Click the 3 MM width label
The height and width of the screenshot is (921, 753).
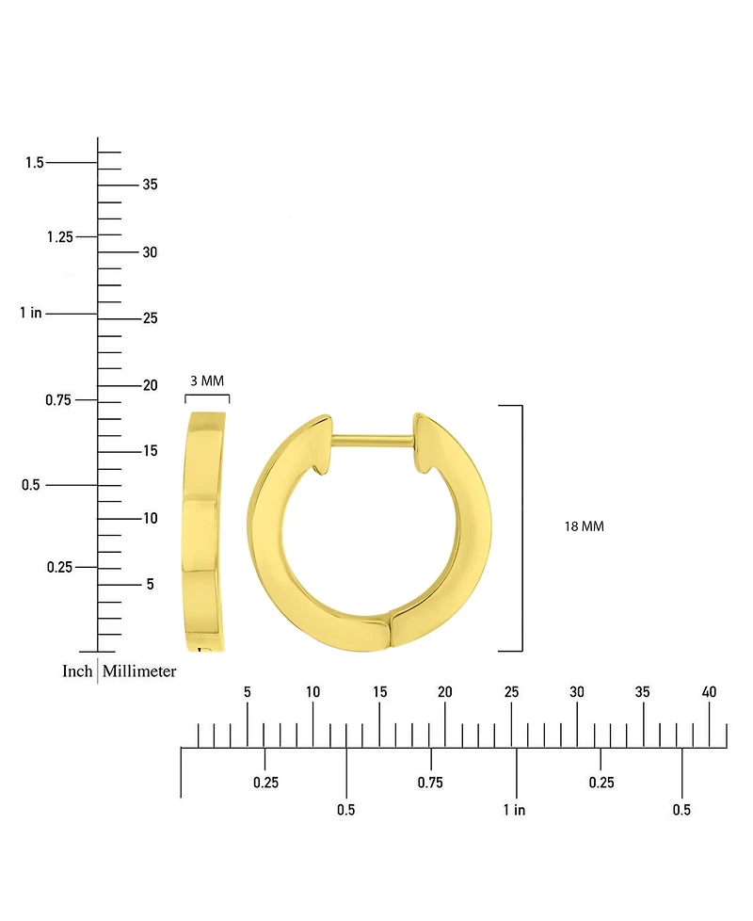[x=207, y=380]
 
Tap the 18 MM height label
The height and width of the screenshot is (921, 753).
[x=584, y=526]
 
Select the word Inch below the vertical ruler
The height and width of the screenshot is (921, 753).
[x=77, y=671]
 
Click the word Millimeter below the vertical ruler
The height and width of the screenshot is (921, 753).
[x=139, y=671]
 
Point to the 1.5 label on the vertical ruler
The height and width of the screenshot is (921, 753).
[x=34, y=162]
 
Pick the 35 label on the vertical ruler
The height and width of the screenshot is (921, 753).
[x=151, y=185]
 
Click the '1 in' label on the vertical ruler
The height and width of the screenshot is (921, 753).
[x=30, y=313]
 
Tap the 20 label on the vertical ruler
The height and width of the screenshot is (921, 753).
[x=151, y=385]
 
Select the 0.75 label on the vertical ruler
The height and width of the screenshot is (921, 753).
[x=58, y=400]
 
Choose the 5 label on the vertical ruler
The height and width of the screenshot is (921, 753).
[x=151, y=584]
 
